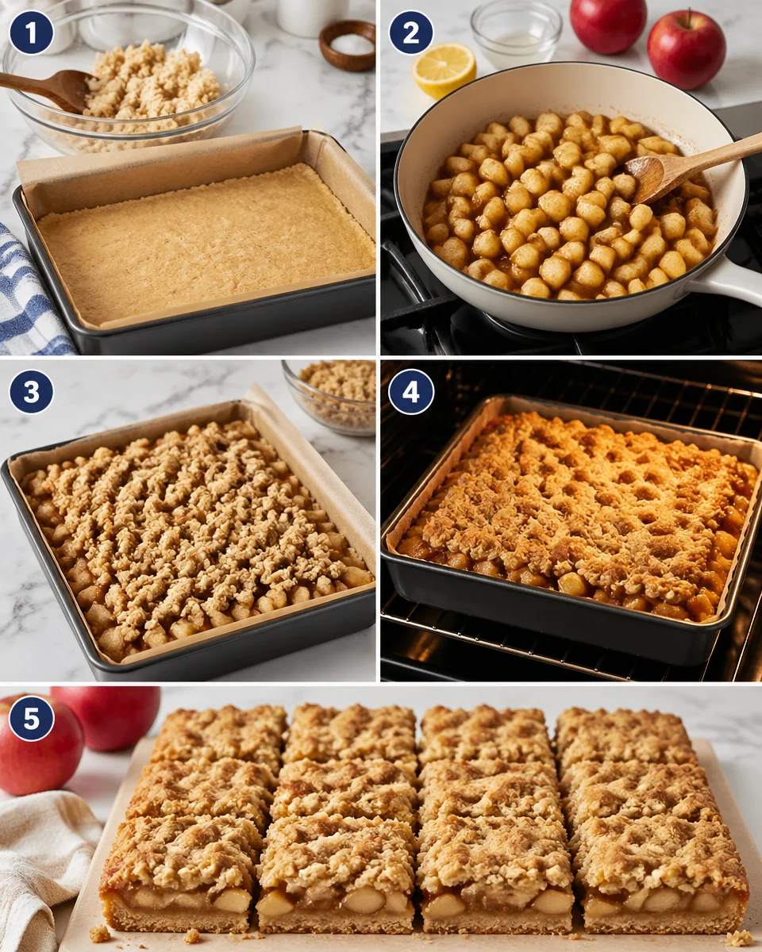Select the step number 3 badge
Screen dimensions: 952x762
click(x=31, y=392)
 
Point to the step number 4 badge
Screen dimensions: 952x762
click(x=411, y=392)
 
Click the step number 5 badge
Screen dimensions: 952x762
click(x=31, y=719)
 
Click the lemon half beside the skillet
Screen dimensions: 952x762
click(x=444, y=70)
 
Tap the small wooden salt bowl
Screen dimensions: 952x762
click(x=348, y=45)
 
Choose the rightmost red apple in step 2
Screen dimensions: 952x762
click(x=686, y=49)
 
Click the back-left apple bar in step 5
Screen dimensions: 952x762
click(x=219, y=734)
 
